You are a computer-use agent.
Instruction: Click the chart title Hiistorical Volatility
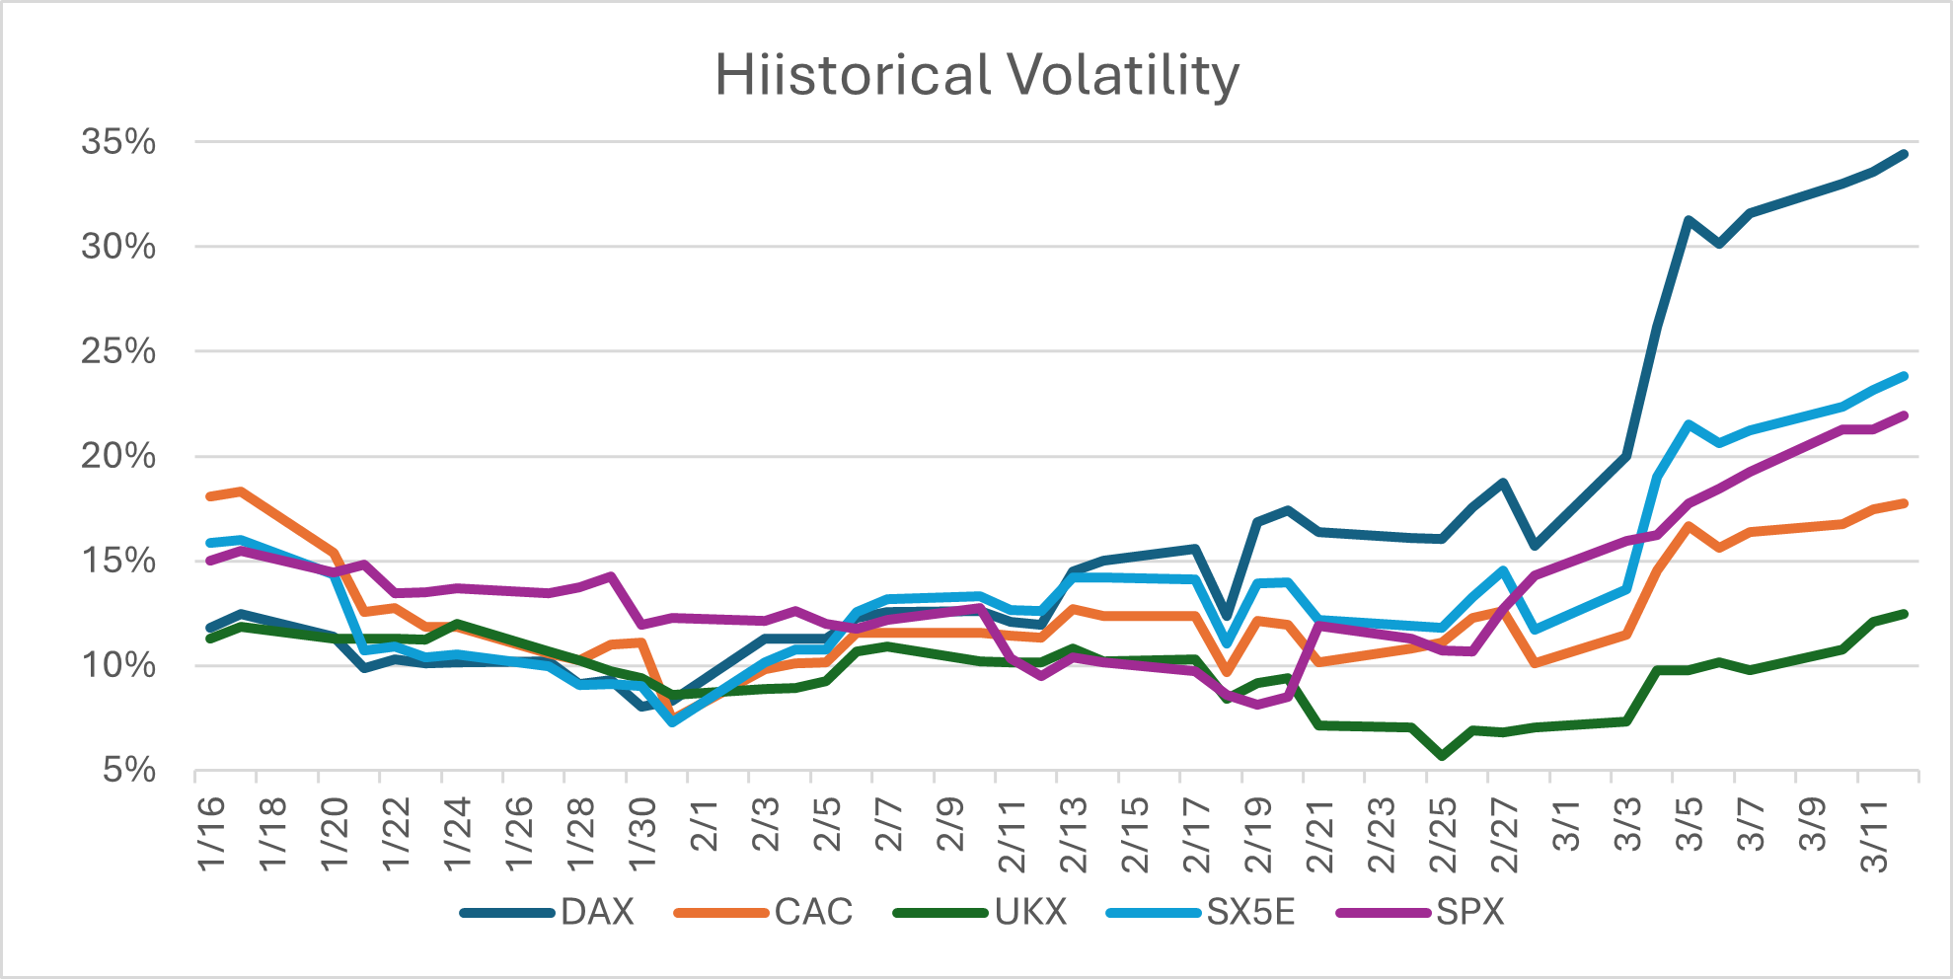pos(976,75)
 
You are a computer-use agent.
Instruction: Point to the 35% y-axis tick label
pos(118,142)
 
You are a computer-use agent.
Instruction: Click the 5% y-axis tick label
pos(129,770)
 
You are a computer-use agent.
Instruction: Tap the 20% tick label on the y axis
pos(118,456)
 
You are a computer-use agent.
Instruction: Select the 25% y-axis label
pos(118,351)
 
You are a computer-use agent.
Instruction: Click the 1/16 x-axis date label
pos(211,834)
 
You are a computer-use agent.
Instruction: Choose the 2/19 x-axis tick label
pos(1258,835)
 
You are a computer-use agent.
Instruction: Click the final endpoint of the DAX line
pos(1904,154)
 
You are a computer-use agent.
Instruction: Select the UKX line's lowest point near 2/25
pos(1443,756)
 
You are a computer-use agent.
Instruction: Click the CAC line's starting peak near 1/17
pos(241,491)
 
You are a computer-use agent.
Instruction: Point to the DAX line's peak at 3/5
pos(1688,220)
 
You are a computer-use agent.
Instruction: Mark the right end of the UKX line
pos(1904,614)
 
